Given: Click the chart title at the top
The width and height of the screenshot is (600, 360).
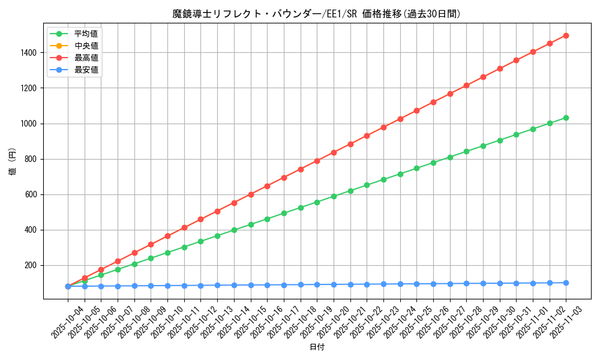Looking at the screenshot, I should tap(317, 14).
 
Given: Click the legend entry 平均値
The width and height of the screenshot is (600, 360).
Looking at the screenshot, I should tap(86, 34).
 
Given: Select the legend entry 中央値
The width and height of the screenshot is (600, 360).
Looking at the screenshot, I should tap(86, 46).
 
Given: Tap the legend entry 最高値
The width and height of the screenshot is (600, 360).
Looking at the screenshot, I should tap(86, 58).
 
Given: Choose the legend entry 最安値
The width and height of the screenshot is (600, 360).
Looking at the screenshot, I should tap(86, 70).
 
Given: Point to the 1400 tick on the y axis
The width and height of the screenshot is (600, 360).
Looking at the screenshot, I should tap(29, 53).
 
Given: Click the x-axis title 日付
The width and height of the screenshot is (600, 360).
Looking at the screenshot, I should tap(317, 347).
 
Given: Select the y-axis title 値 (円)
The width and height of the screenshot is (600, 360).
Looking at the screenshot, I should tap(13, 162).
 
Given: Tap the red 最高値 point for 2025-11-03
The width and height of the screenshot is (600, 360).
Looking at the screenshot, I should tap(566, 35).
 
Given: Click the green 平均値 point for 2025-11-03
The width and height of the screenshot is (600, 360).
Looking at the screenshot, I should tap(566, 118).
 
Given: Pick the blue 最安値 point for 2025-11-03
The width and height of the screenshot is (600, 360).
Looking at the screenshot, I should tap(566, 283).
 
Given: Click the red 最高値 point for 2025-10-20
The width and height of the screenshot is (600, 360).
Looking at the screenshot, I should tap(334, 152).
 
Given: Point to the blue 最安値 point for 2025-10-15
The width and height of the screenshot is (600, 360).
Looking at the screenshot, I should tap(251, 285).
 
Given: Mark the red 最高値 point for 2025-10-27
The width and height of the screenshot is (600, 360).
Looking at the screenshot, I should tap(450, 94).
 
